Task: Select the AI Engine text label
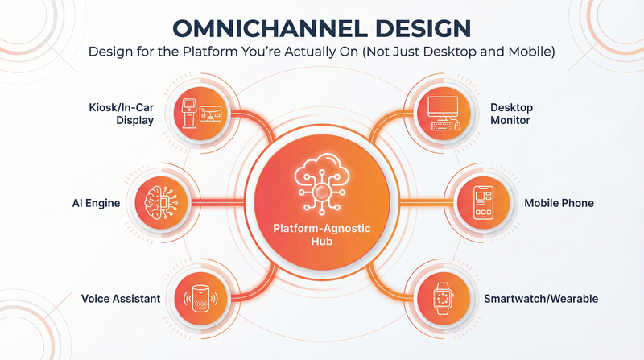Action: click(97, 204)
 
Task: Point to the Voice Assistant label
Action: click(121, 299)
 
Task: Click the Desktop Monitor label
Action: click(511, 114)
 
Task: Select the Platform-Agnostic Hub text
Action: click(322, 235)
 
